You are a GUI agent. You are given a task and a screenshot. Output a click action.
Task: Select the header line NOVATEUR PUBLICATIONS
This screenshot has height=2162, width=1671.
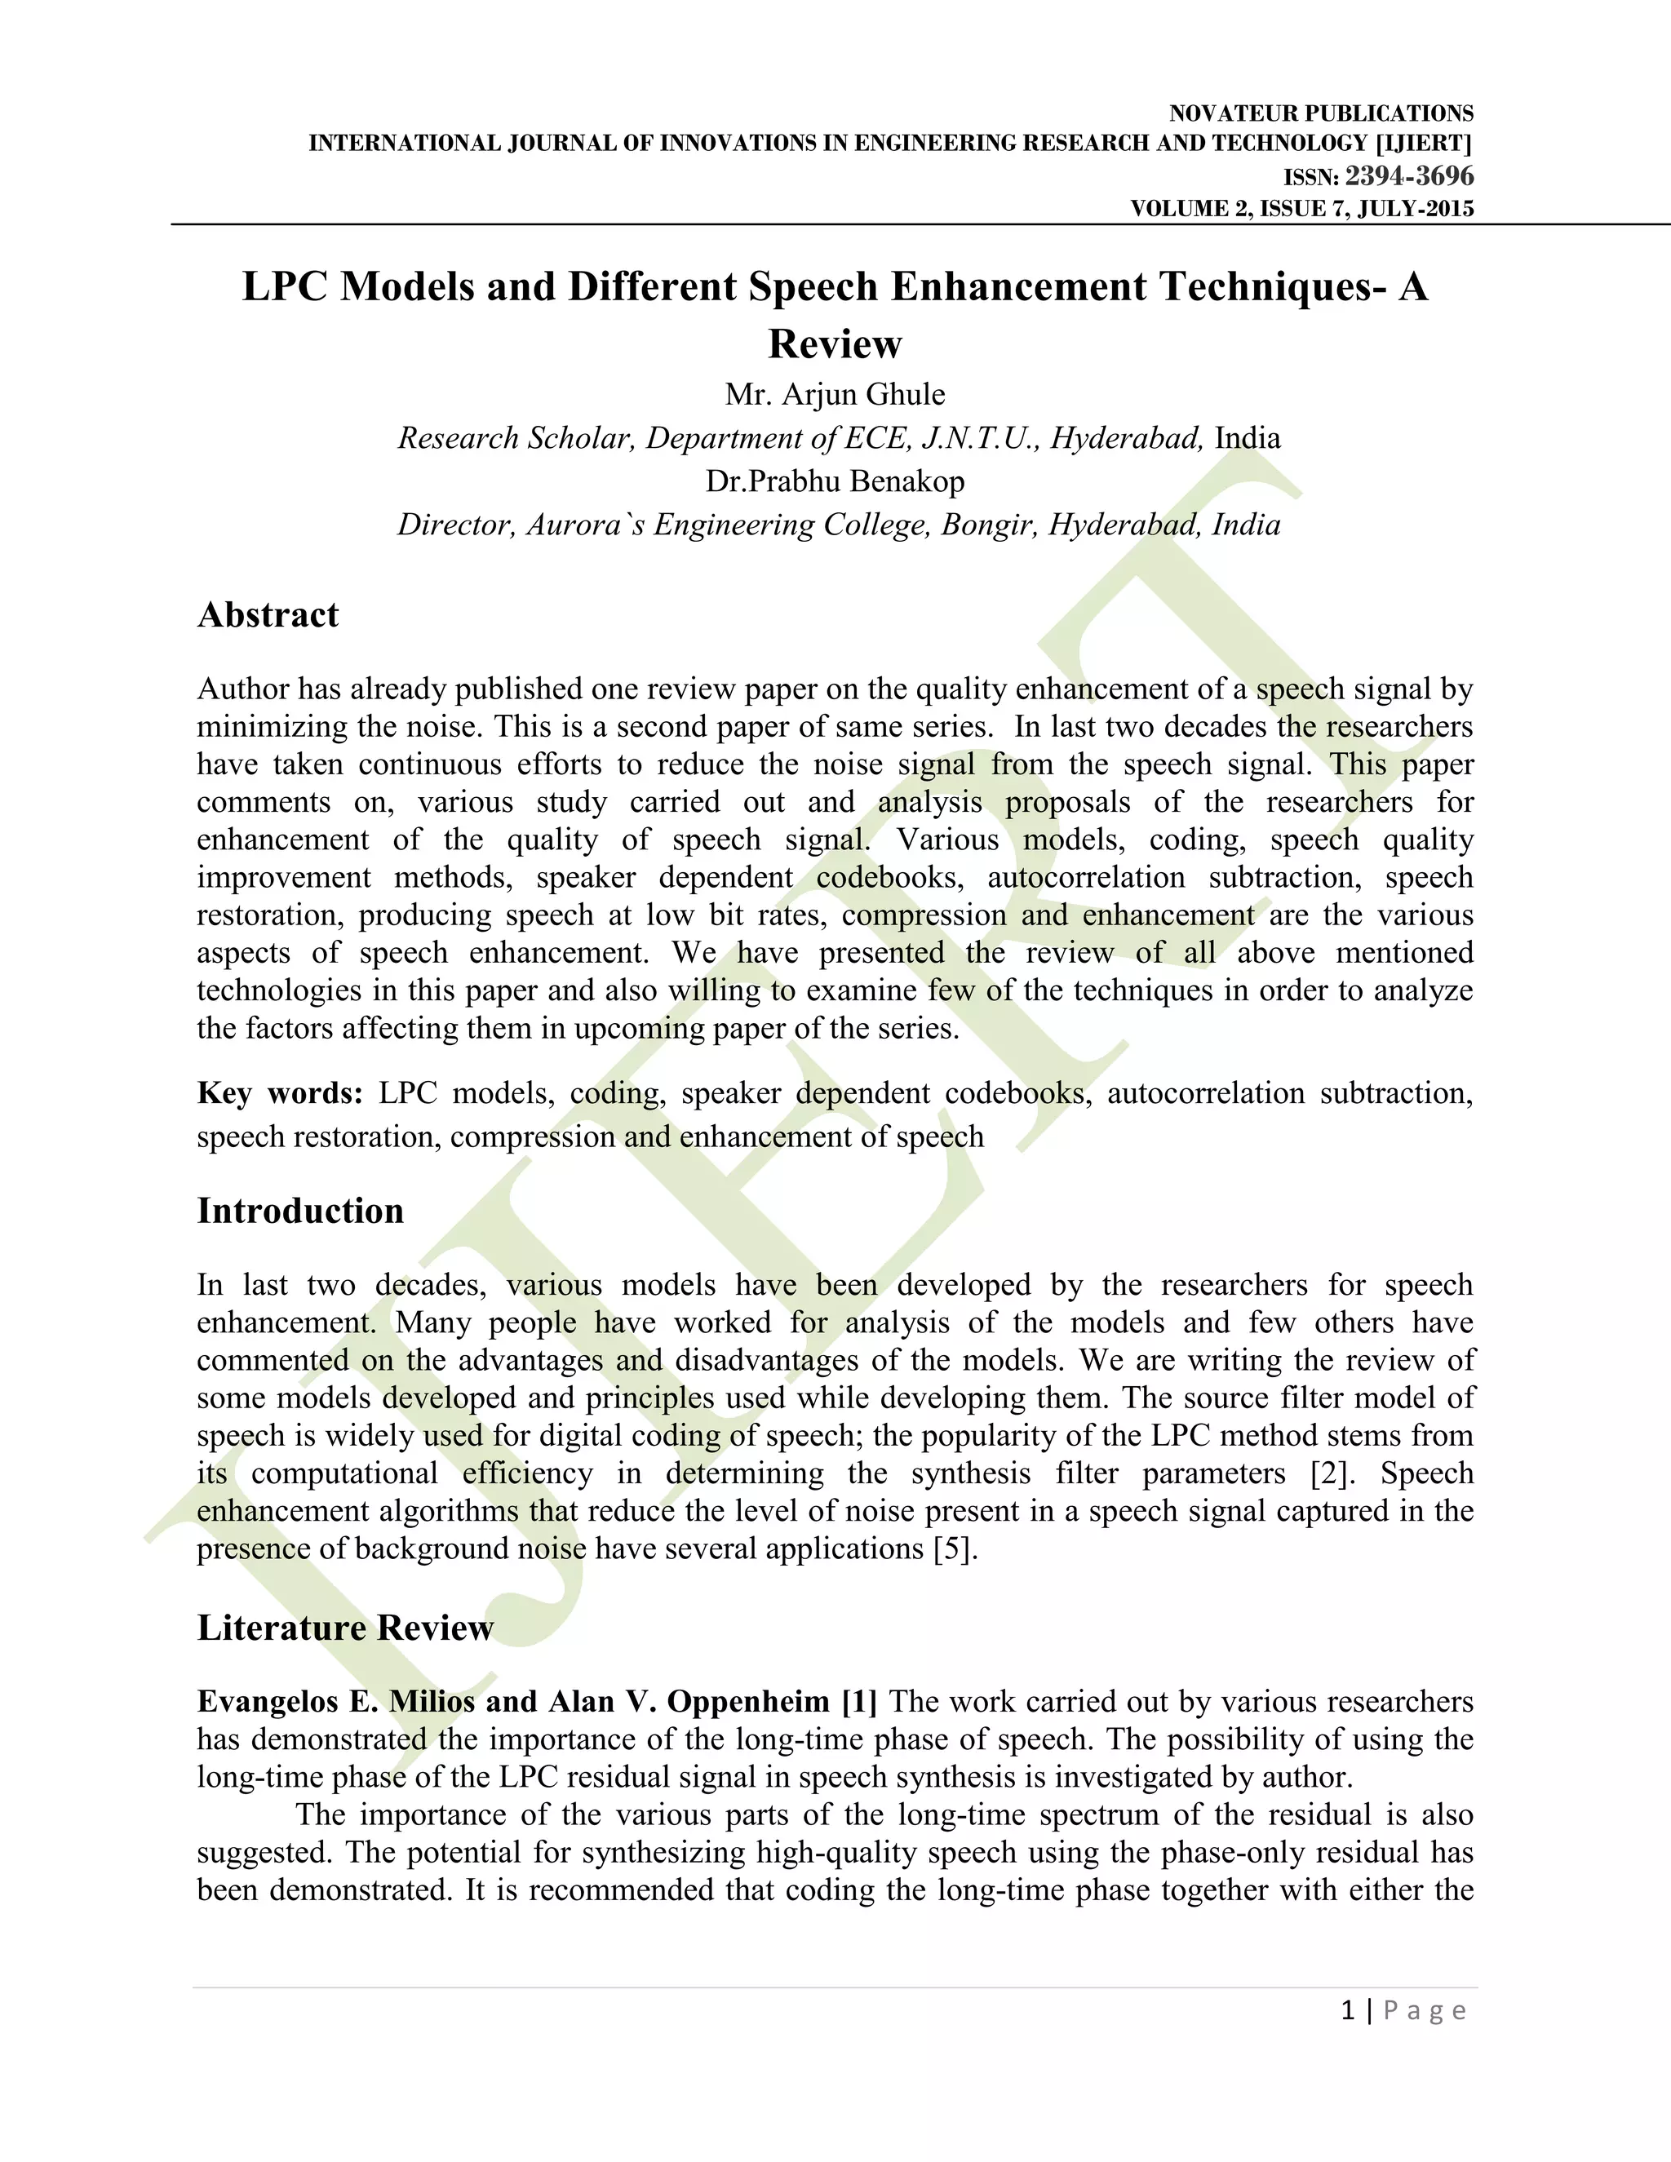[1321, 113]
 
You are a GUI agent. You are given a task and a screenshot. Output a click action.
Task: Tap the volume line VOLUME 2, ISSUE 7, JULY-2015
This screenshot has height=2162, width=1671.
[1301, 208]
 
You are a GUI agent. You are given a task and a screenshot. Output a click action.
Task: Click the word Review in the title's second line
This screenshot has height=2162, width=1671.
[835, 343]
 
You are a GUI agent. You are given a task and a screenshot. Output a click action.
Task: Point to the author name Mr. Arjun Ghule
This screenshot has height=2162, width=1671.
[835, 394]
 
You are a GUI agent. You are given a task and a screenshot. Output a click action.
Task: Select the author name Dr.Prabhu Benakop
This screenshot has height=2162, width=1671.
[835, 481]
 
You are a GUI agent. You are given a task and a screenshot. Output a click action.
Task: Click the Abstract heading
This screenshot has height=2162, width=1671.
[268, 615]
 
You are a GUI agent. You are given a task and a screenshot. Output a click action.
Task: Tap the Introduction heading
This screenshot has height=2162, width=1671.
[300, 1211]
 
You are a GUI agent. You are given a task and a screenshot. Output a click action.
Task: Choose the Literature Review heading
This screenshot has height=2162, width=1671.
[344, 1628]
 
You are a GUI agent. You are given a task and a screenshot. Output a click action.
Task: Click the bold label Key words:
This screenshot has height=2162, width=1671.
[280, 1093]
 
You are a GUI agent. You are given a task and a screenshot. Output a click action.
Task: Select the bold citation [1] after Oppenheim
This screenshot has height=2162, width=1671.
[858, 1701]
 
